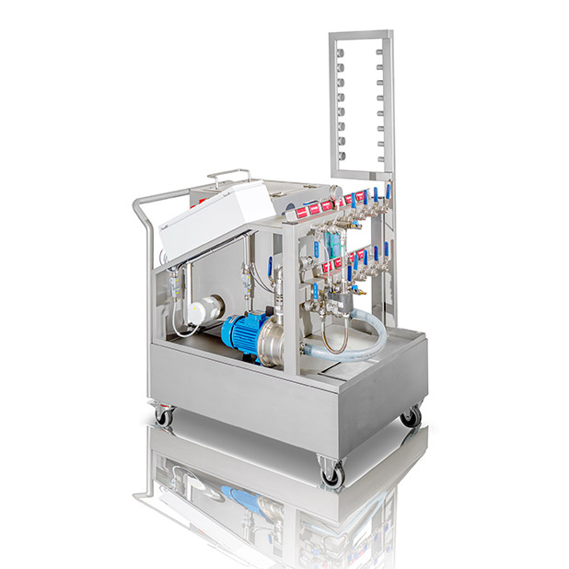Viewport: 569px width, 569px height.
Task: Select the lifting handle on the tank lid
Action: click(227, 173)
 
